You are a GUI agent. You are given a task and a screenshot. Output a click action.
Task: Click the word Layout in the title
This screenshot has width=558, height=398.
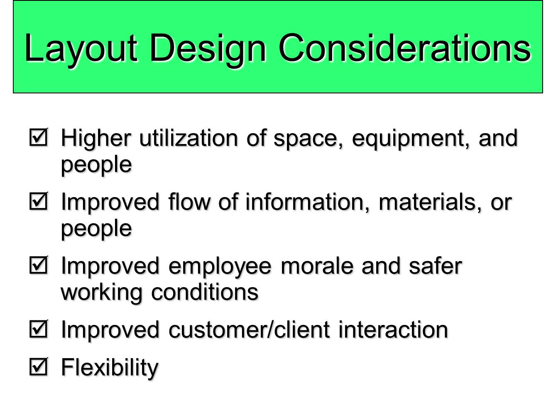point(81,49)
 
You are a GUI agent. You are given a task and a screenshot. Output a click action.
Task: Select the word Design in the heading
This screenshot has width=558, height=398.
point(207,49)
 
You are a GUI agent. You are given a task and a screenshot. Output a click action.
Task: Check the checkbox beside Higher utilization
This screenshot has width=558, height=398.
point(39,137)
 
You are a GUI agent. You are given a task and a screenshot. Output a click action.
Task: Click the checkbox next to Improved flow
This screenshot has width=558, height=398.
point(39,201)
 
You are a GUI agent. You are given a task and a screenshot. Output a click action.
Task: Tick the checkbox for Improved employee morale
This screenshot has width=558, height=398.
point(39,265)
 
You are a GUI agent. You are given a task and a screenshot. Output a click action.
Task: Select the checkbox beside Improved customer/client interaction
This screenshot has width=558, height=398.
point(39,329)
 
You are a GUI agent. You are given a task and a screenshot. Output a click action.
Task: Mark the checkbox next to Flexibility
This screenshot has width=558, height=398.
point(39,367)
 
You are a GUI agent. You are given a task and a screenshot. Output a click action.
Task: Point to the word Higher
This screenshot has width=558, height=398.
point(95,138)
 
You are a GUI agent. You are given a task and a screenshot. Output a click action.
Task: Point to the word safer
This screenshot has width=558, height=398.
point(435,266)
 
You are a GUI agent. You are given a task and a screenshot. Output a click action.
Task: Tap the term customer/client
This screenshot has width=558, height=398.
point(249,330)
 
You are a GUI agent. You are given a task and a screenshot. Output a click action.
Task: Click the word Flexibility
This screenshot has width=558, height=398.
point(110,368)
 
